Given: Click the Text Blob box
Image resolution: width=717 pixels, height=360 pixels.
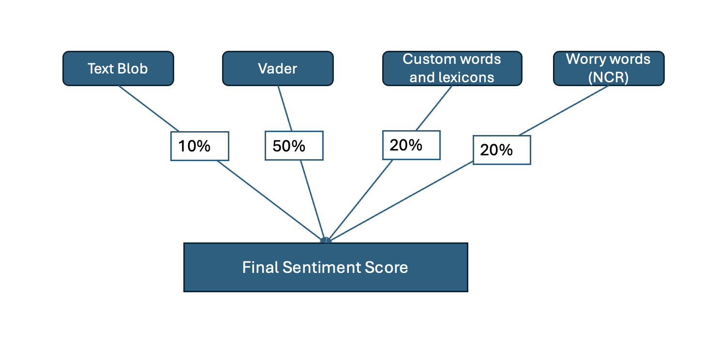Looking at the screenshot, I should pyautogui.click(x=118, y=69).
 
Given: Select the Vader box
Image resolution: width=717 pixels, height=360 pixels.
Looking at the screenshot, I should pyautogui.click(x=278, y=69).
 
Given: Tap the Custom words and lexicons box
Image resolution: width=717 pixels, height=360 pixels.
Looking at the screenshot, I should pyautogui.click(x=452, y=69).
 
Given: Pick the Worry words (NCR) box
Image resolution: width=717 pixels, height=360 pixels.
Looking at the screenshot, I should pyautogui.click(x=608, y=69).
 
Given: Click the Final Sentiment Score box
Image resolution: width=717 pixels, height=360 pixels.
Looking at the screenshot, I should pyautogui.click(x=325, y=267).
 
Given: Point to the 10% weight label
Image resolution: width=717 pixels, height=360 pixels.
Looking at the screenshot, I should pyautogui.click(x=199, y=146).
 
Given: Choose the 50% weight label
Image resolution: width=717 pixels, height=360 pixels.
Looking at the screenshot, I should pyautogui.click(x=294, y=146).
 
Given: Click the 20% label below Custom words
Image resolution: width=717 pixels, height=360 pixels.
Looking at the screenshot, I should pyautogui.click(x=411, y=145).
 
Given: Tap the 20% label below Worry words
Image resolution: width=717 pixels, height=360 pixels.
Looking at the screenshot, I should pyautogui.click(x=502, y=150).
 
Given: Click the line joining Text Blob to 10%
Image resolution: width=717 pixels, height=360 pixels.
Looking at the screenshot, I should pyautogui.click(x=149, y=108).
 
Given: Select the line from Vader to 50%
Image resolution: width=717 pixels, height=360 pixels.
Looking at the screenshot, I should pyautogui.click(x=285, y=108).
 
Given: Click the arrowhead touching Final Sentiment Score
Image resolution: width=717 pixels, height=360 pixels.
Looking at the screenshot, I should pyautogui.click(x=326, y=240).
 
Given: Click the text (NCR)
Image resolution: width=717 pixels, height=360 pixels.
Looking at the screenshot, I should pyautogui.click(x=608, y=77).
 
